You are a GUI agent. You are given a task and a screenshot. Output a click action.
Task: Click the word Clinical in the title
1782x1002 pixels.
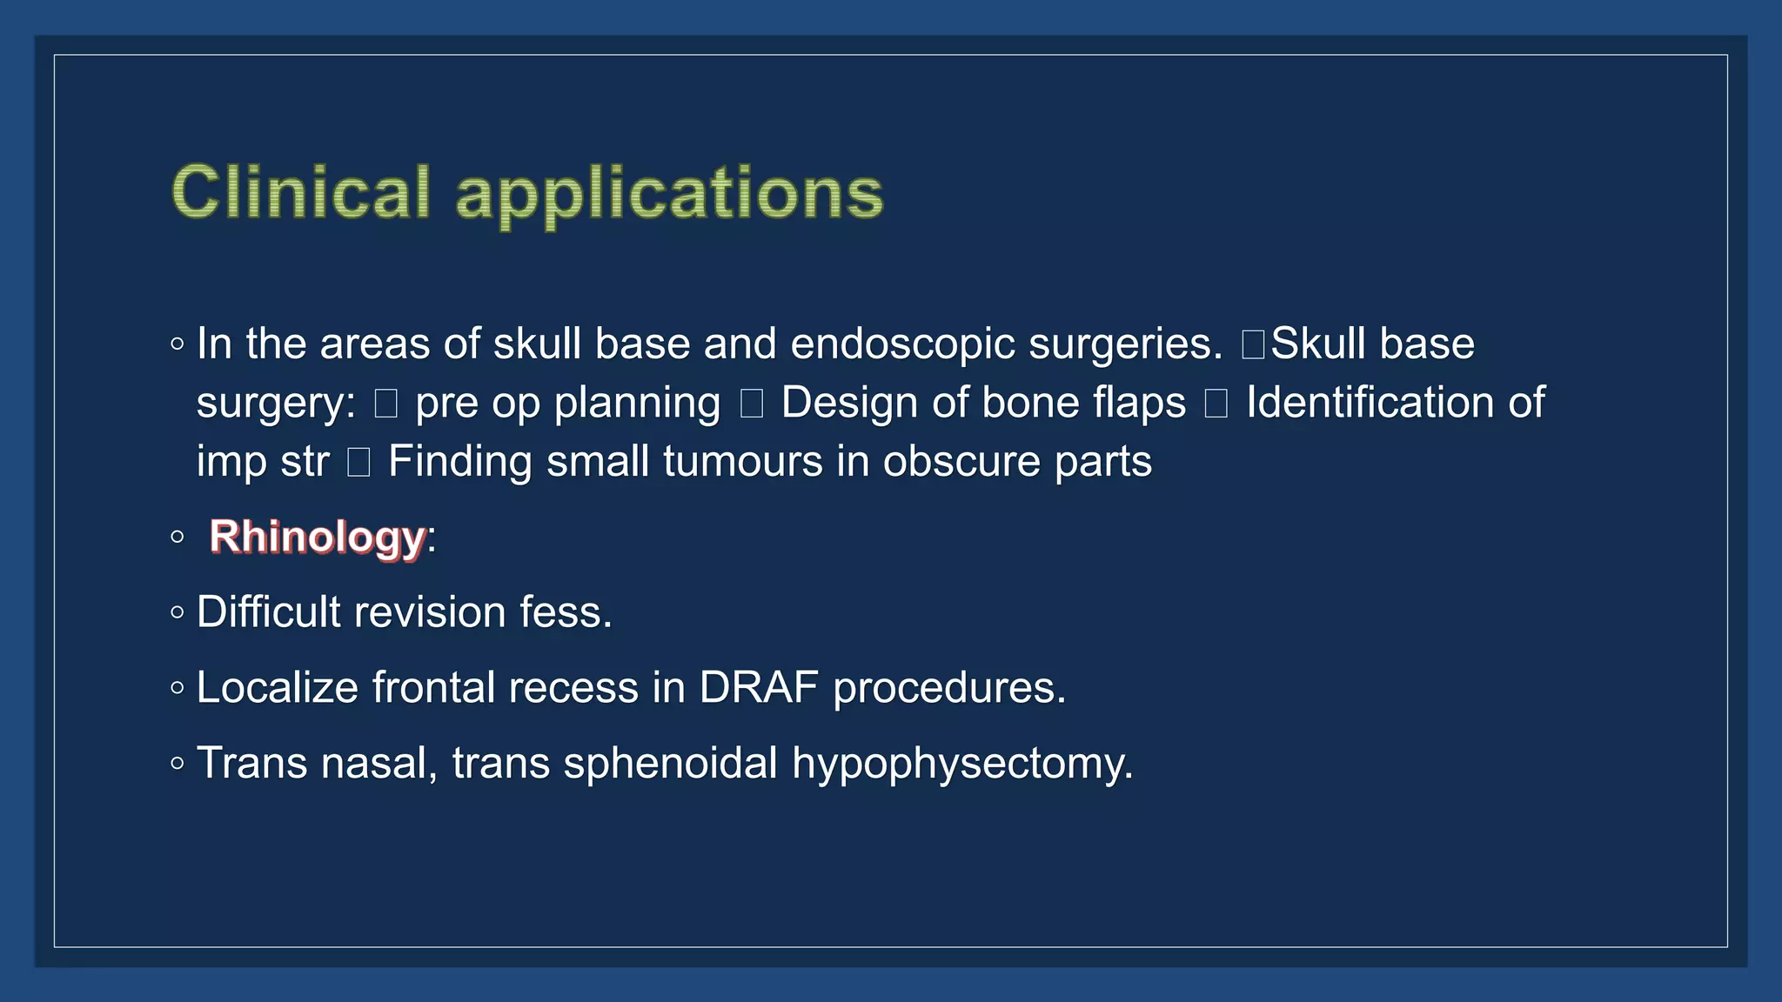point(301,192)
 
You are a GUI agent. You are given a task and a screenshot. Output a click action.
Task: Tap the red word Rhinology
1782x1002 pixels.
point(318,537)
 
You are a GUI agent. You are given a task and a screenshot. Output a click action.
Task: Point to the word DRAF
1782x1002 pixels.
point(759,688)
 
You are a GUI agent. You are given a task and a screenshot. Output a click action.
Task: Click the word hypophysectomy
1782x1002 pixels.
point(962,764)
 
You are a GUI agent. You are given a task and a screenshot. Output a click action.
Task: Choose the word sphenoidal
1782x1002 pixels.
point(670,763)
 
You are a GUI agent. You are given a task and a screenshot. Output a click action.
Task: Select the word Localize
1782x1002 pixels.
point(278,688)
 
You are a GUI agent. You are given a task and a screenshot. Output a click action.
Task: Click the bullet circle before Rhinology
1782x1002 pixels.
point(178,537)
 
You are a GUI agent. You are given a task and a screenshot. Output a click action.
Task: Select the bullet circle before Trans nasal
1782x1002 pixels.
point(178,764)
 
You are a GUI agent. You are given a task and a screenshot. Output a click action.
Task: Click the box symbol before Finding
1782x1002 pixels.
point(358,462)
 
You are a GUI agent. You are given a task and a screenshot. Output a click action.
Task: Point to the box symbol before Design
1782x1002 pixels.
point(752,404)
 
